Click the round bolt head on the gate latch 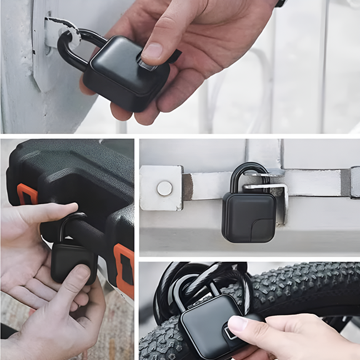click(x=164, y=188)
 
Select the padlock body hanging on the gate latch click(x=248, y=217)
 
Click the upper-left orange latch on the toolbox click(x=26, y=194)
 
